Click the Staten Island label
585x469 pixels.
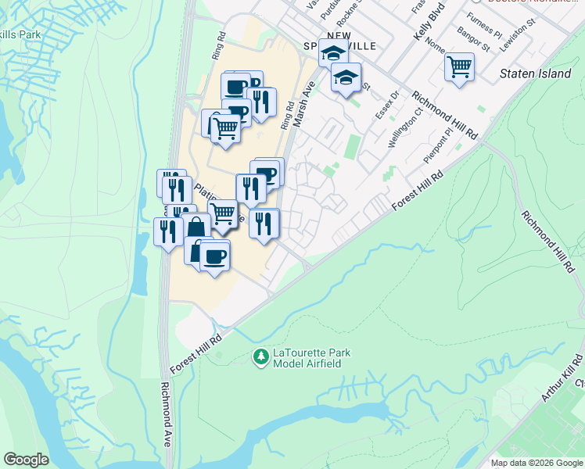pyautogui.click(x=535, y=73)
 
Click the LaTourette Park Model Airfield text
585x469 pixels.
pyautogui.click(x=311, y=359)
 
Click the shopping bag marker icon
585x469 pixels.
pyautogui.click(x=196, y=228)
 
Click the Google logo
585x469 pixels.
pyautogui.click(x=26, y=460)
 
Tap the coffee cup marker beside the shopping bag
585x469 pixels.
pyautogui.click(x=214, y=255)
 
